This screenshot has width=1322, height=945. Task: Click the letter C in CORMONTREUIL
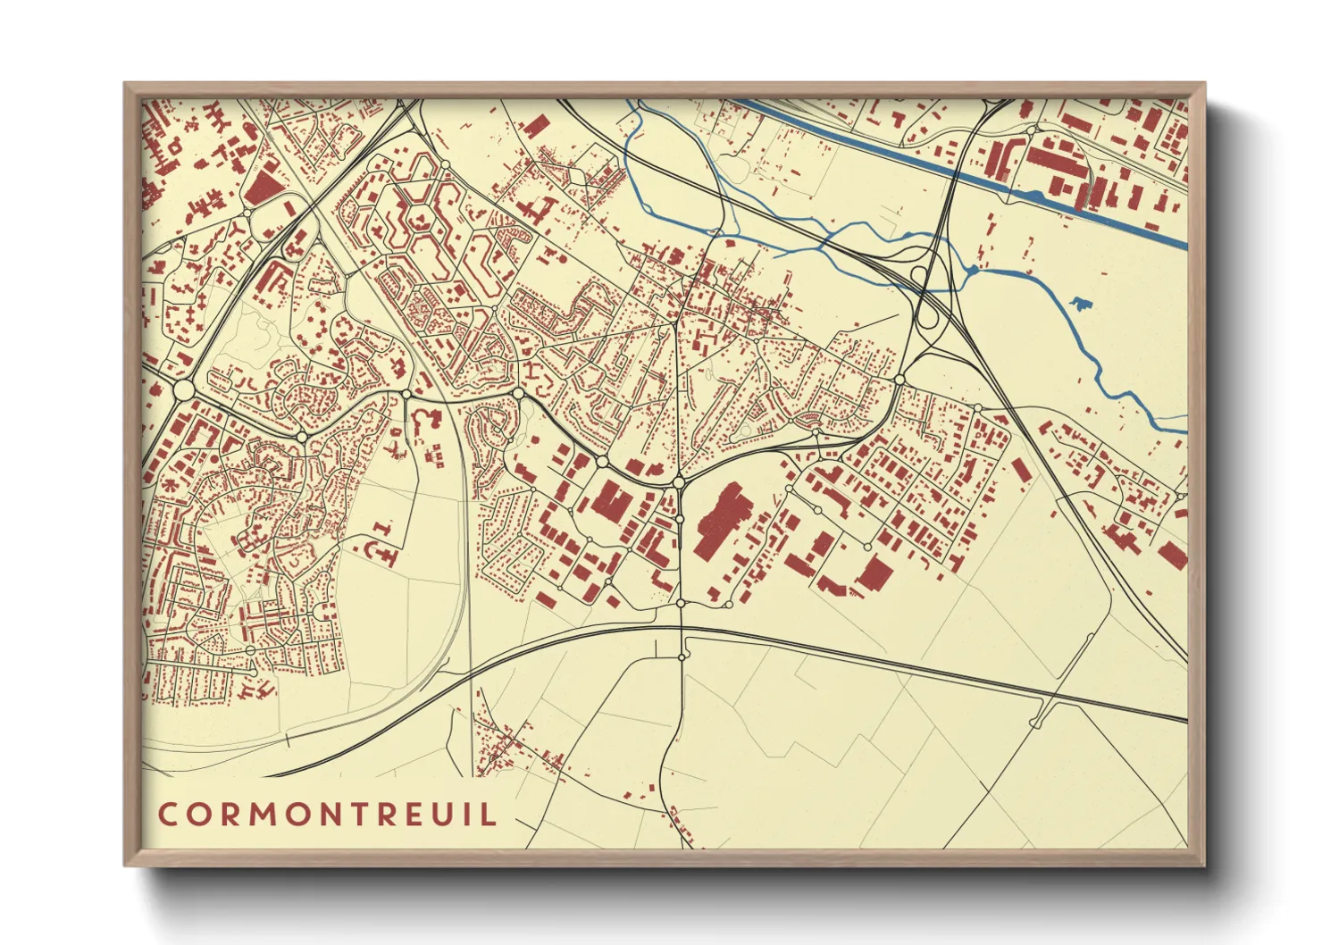pos(168,814)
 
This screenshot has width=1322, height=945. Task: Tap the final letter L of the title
pos(489,814)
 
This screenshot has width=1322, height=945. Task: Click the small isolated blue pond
pos(1080,304)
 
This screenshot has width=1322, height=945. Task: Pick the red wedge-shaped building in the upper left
pos(263,188)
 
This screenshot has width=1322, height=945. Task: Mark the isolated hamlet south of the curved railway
pos(509,747)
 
